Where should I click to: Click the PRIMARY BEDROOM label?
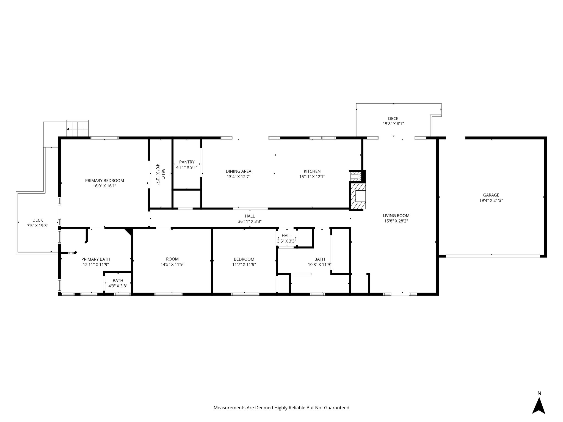104,181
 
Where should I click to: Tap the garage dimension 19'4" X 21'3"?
491,201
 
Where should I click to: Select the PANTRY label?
187,162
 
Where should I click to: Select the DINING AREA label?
238,171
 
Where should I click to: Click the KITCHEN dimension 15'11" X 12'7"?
312,177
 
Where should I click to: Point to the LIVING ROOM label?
396,216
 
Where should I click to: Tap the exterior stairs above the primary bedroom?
78,129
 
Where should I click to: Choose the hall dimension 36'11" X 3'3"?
250,221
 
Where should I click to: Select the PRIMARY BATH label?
96,259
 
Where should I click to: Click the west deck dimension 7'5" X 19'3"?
37,226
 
